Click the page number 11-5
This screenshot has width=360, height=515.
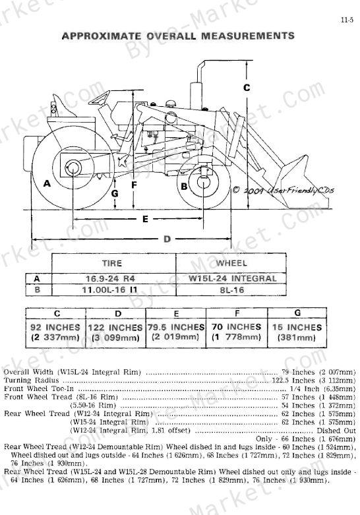(347, 20)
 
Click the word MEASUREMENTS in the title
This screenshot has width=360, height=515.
(248, 36)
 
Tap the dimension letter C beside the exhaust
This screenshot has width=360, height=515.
(247, 88)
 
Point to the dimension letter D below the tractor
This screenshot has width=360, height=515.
(167, 239)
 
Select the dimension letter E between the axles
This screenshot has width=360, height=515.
(145, 219)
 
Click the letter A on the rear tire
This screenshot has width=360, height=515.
(47, 183)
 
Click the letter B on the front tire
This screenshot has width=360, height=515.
(184, 187)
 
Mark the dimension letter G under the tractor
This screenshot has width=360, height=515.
(114, 193)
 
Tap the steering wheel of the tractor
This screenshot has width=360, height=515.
(99, 98)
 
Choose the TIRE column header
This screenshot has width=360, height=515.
(112, 263)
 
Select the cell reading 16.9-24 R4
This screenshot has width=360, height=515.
(110, 278)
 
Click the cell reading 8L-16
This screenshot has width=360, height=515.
(232, 290)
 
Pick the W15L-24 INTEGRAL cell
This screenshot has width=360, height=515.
(232, 278)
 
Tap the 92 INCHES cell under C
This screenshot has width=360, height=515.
(55, 332)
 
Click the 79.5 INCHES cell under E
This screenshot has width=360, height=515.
(176, 332)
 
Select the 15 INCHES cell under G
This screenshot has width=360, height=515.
(297, 332)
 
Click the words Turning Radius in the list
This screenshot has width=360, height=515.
(31, 380)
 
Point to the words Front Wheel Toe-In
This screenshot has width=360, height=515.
(39, 388)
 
